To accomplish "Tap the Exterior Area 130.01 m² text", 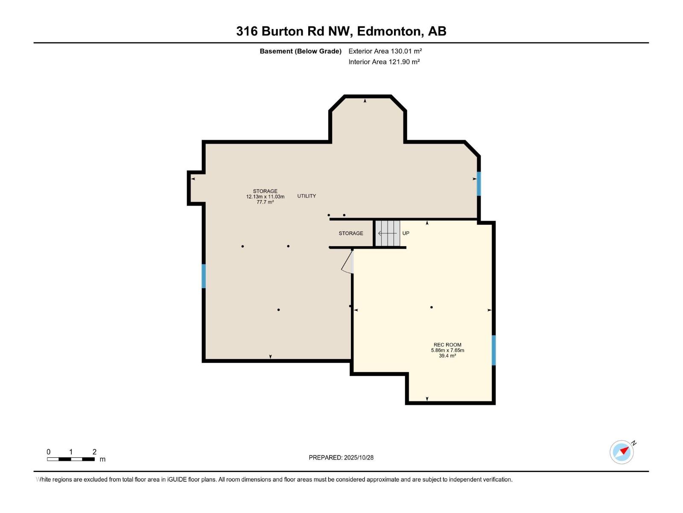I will click(x=385, y=51).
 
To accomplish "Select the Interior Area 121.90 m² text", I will click(x=384, y=62).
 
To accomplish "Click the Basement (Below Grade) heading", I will click(x=301, y=51).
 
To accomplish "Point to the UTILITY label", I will click(x=306, y=196).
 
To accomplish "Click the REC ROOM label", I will click(x=447, y=345).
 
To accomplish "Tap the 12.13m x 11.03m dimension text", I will click(x=265, y=197).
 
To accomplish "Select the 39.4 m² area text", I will click(x=447, y=356).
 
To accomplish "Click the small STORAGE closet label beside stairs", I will click(x=351, y=233).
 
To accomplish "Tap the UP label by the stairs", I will click(x=406, y=233).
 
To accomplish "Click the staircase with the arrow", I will click(x=388, y=233).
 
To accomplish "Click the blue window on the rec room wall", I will click(x=493, y=350).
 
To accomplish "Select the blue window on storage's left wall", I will click(x=204, y=276).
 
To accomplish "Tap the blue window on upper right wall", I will click(x=479, y=183).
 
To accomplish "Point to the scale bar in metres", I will click(x=71, y=459).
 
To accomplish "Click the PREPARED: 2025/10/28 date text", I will click(x=341, y=457).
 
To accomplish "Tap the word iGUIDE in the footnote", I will click(x=177, y=480).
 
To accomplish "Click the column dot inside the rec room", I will click(x=432, y=307).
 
